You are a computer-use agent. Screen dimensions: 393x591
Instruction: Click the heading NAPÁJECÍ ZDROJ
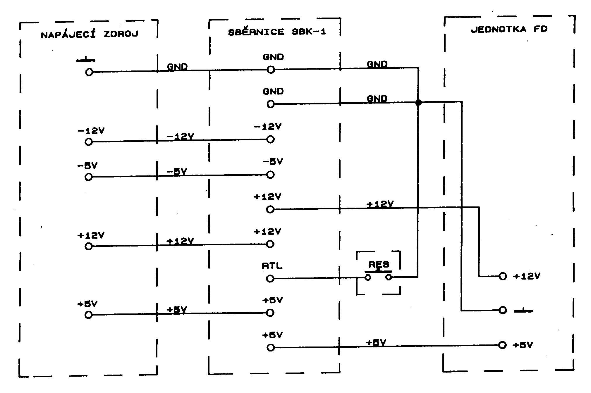(89, 35)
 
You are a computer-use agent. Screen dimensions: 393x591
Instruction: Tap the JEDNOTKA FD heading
(509, 29)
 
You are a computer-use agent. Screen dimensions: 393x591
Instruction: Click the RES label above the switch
(379, 264)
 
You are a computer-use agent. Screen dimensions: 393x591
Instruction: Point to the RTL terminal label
(272, 266)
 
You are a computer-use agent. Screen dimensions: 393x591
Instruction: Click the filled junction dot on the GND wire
(419, 102)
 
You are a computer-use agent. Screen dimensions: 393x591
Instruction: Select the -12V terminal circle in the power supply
(89, 142)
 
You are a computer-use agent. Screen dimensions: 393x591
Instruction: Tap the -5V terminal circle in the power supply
(89, 177)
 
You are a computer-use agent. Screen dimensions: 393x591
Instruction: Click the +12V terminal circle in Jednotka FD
(503, 276)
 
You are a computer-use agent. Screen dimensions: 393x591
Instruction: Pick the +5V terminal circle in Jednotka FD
(502, 345)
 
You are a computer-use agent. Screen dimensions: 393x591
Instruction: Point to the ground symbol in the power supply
(86, 60)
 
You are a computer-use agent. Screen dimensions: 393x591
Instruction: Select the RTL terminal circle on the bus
(270, 279)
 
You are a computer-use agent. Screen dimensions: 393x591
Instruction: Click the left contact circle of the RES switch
(368, 277)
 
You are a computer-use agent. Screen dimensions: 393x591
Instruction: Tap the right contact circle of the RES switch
(389, 277)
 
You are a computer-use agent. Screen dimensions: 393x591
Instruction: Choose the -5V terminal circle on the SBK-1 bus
(271, 175)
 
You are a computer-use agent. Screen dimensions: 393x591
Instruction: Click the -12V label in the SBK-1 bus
(268, 127)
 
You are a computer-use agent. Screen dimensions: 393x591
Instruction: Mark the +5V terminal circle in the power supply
(89, 315)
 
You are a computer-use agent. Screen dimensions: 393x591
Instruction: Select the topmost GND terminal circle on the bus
(271, 70)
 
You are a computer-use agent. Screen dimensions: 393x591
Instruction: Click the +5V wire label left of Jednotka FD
(376, 343)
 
